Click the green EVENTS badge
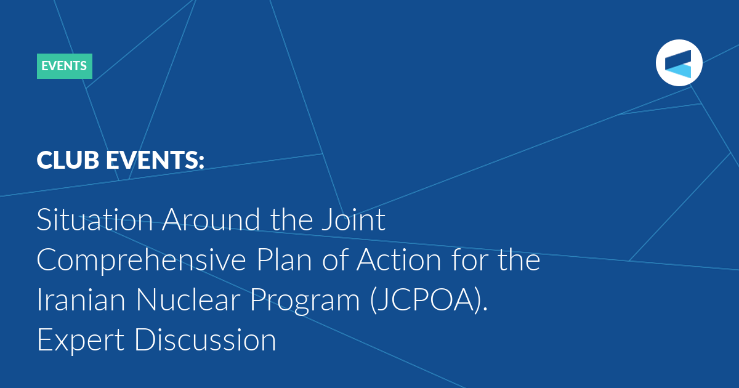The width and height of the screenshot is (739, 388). tap(65, 66)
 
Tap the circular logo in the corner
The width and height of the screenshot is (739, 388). tap(679, 63)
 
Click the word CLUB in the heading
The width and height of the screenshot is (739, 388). tap(68, 160)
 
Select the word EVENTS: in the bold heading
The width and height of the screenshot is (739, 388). tap(155, 160)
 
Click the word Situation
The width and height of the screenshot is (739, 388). tap(95, 219)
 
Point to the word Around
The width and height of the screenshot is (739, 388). tap(211, 219)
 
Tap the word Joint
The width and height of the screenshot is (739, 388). tap(353, 219)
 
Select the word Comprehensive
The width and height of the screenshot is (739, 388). tap(141, 261)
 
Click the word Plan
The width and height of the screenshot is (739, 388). tap(284, 260)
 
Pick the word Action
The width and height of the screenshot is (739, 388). tap(398, 260)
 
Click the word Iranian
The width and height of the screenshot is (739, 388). tap(81, 299)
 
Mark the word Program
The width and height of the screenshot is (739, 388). tap(305, 301)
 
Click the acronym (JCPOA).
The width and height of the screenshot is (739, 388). tap(429, 301)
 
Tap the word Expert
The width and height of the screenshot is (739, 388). tap(81, 341)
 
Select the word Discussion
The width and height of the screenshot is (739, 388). tap(205, 340)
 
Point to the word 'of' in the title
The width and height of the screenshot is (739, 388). tap(334, 260)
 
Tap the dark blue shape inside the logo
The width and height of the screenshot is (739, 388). tap(678, 59)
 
